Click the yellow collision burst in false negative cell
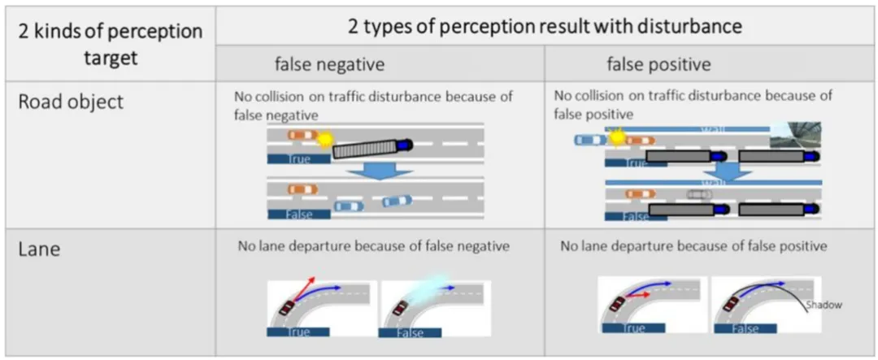[x=325, y=139]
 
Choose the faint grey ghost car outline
[x=699, y=195]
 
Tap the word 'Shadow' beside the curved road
[x=824, y=306]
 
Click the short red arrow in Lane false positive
[x=640, y=296]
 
